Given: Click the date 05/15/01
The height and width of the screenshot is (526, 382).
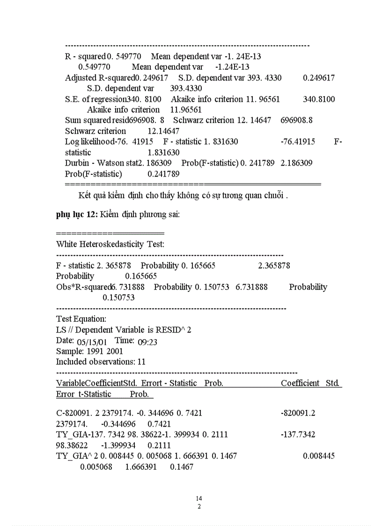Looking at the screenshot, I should click(x=94, y=341).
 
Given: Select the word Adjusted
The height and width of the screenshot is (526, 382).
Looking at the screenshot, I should click(x=81, y=78).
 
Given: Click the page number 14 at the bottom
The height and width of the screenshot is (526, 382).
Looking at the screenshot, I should click(x=199, y=498).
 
